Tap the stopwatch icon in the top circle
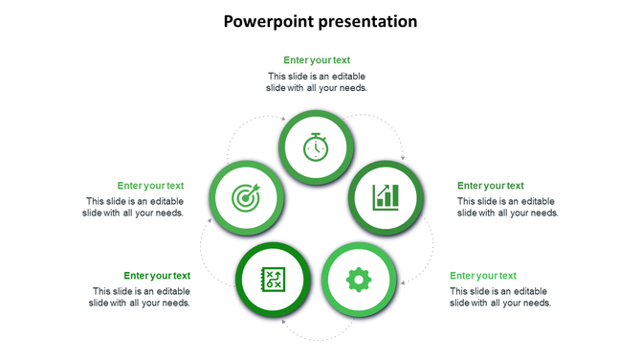point(317,147)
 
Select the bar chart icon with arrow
point(386,197)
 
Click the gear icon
point(359,280)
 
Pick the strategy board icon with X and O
point(274,280)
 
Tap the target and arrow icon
point(246,198)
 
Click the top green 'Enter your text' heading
point(317,60)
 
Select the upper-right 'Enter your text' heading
point(490,186)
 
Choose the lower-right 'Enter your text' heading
point(483,276)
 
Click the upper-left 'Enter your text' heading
point(150,186)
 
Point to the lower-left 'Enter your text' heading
point(157,276)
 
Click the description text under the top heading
point(317,81)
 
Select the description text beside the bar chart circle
point(507,207)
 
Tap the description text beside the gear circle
point(500,297)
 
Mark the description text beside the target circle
point(133,207)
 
